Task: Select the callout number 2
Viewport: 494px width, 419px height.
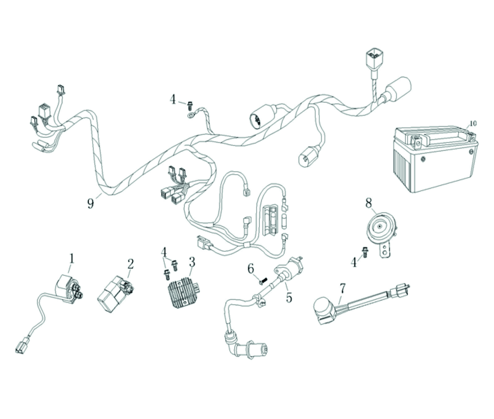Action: point(130,264)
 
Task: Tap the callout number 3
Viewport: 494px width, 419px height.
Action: point(192,262)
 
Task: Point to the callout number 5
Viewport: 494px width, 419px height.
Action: point(289,298)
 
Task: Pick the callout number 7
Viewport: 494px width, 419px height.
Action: point(342,289)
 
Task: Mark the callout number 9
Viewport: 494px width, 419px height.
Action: point(90,203)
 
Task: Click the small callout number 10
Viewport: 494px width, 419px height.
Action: point(473,123)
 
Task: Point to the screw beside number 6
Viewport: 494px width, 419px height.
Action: point(263,280)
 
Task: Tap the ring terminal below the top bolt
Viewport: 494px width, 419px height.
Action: point(190,114)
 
